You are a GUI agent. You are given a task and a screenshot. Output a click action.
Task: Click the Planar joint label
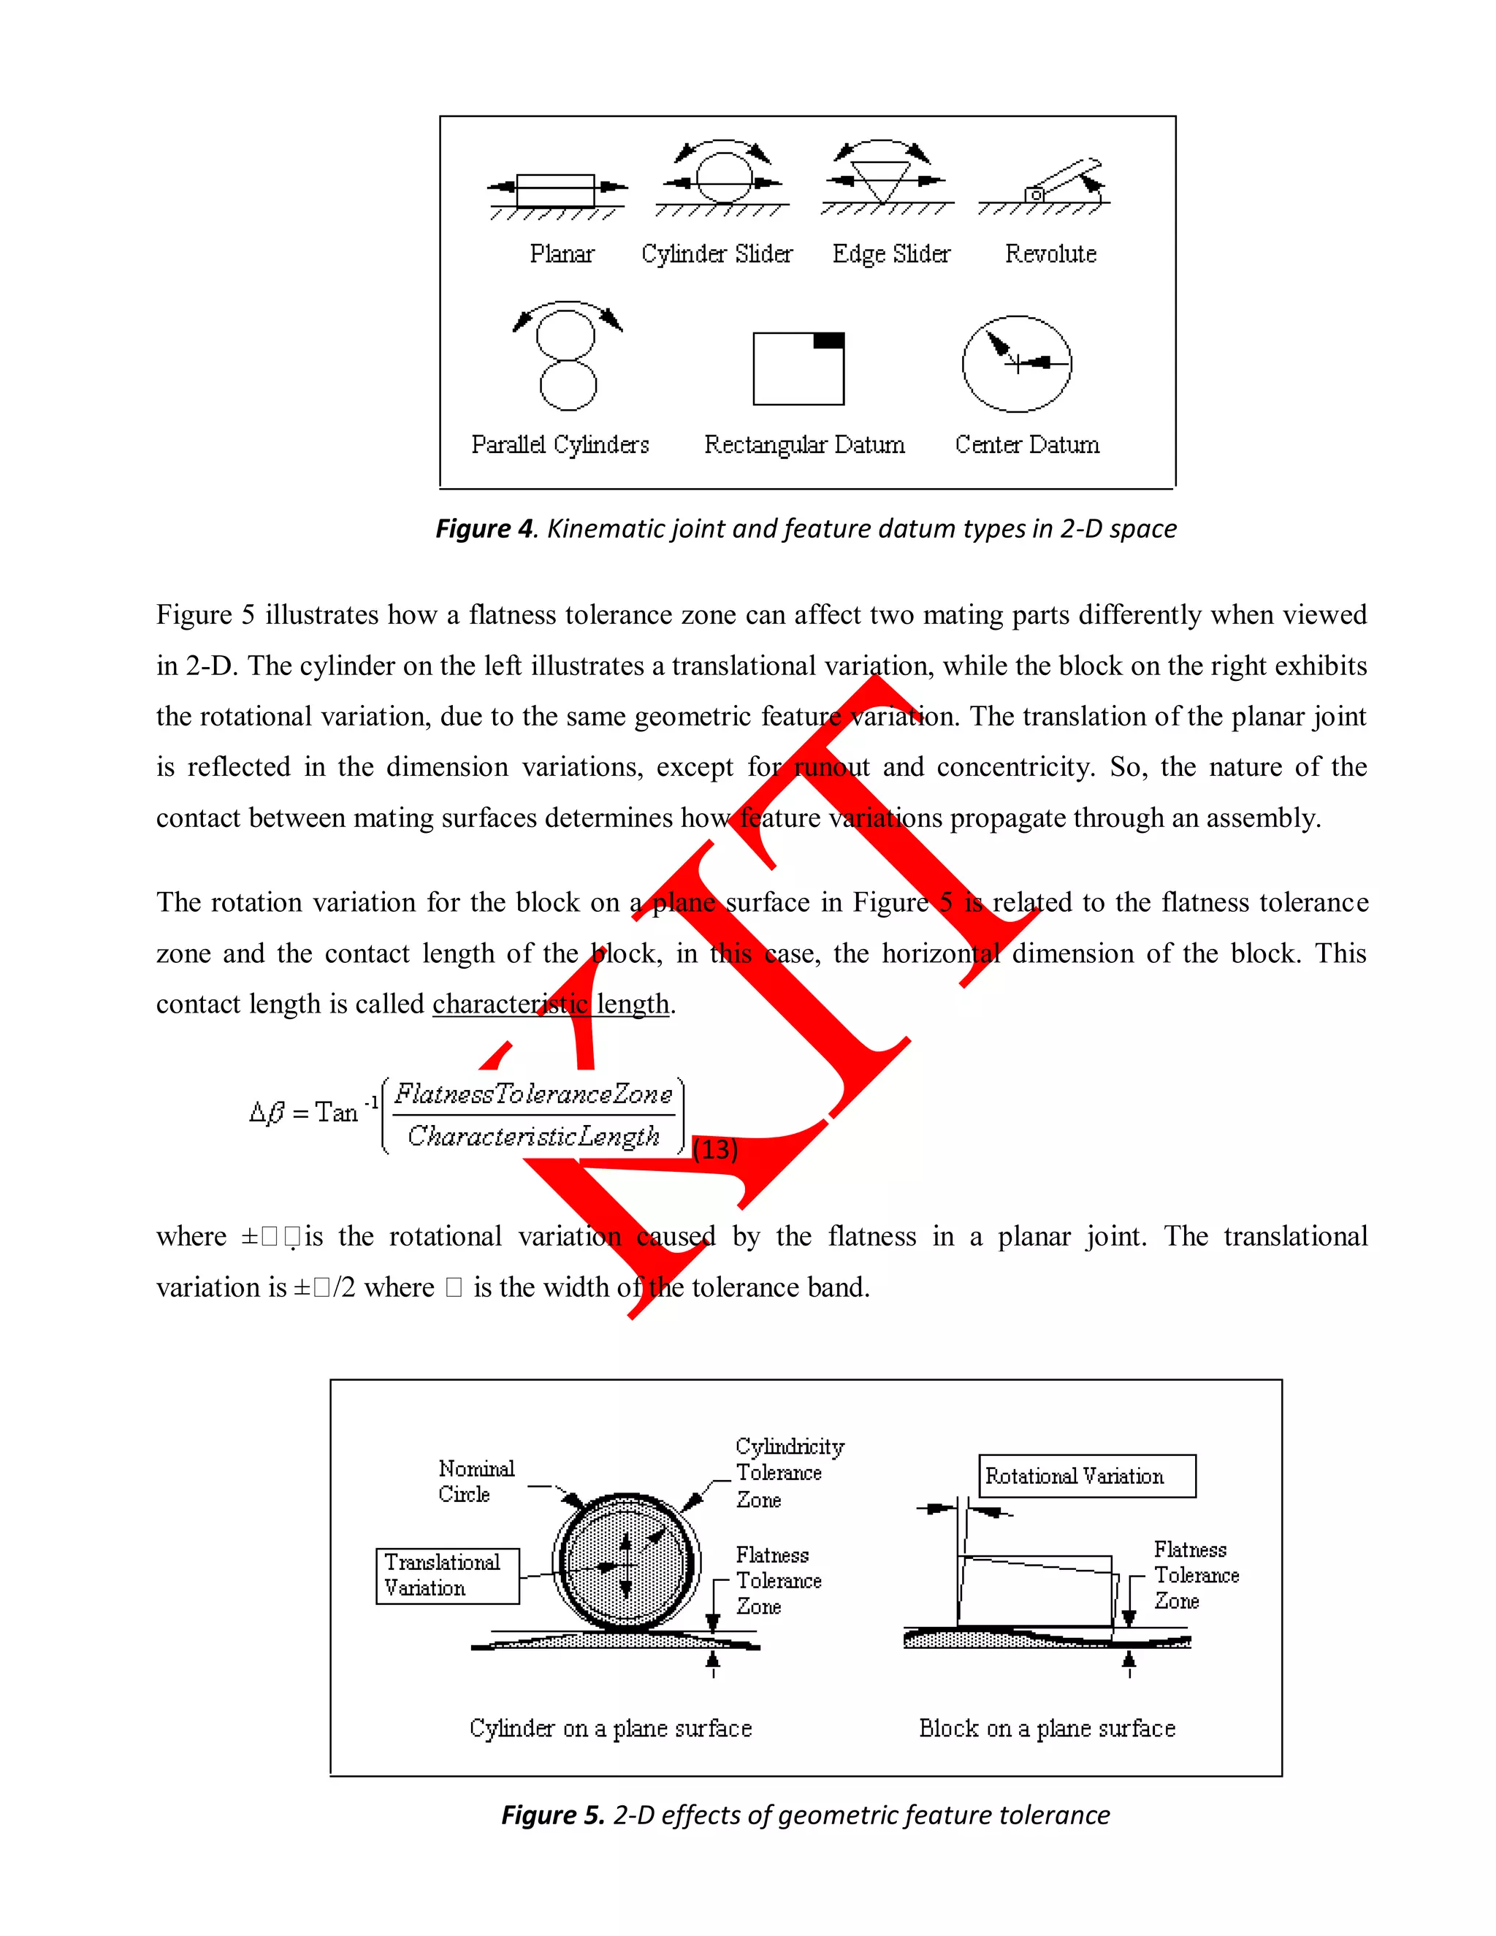point(562,254)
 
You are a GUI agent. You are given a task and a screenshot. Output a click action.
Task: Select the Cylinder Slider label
point(717,254)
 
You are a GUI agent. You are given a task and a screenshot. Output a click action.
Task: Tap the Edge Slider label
point(890,254)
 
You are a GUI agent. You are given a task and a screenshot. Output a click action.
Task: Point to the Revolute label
point(1050,254)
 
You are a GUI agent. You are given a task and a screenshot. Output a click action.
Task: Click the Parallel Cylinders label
point(560,444)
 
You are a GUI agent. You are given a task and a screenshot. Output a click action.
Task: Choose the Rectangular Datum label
point(804,444)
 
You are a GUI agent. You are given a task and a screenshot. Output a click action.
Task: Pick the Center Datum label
point(1026,444)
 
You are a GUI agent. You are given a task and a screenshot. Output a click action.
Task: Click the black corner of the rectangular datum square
point(828,341)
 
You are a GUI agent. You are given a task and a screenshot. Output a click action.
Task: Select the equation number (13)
point(714,1149)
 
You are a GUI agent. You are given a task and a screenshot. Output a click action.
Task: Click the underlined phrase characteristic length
point(550,1004)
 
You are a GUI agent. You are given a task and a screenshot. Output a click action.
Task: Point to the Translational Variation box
point(448,1575)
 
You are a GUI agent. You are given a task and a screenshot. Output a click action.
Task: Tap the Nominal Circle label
point(476,1482)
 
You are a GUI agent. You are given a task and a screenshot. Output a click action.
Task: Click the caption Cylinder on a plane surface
point(611,1728)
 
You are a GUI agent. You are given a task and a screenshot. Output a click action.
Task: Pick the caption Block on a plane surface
point(1047,1728)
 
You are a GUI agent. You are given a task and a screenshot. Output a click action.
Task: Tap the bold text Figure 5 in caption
point(552,1815)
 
